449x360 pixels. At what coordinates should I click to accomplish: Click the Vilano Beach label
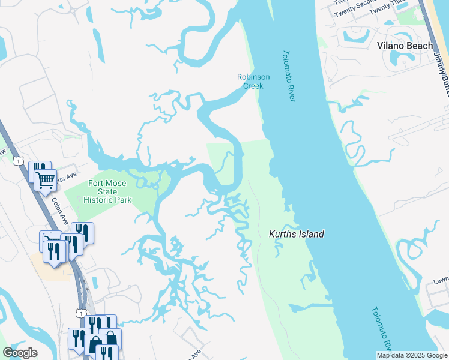point(405,46)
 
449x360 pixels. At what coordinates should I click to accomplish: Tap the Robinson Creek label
point(253,81)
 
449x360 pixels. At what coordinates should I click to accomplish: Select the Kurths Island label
point(296,234)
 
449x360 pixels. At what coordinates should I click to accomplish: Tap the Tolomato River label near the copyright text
point(380,329)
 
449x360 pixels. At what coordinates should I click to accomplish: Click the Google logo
point(20,353)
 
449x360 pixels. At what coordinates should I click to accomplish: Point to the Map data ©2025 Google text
point(412,355)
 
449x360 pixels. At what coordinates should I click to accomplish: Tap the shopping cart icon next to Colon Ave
point(45,179)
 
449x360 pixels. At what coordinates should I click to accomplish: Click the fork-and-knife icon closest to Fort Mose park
point(82,232)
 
